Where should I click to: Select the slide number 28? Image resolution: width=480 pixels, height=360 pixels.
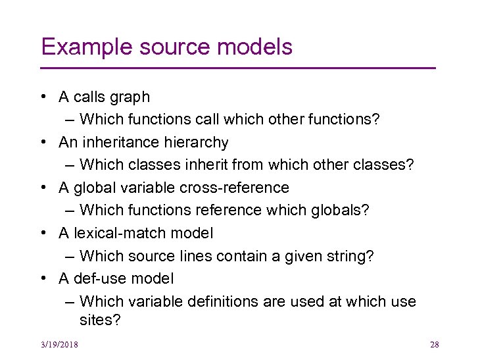(x=433, y=345)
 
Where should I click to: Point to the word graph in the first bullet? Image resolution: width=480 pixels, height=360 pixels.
(x=130, y=97)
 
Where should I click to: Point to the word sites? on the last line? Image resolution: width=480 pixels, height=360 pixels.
(x=99, y=321)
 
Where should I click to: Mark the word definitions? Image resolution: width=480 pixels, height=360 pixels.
(x=225, y=301)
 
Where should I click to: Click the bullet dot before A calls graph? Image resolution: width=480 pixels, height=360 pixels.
(x=42, y=97)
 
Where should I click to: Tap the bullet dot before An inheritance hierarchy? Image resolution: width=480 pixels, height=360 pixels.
(x=42, y=143)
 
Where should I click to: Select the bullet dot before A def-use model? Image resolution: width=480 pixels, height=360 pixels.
(x=42, y=278)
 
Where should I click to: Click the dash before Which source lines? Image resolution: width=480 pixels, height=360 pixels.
(x=70, y=256)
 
